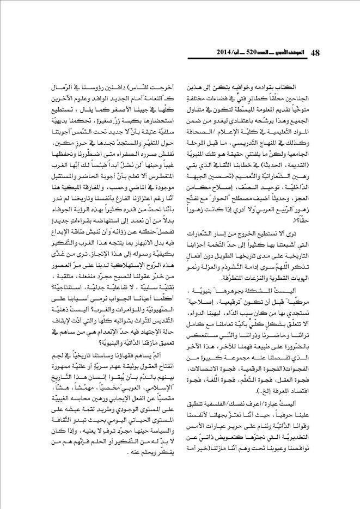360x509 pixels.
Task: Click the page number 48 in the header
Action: [316, 52]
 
